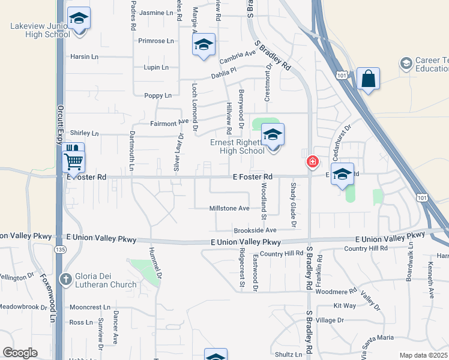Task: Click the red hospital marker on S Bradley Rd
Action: pos(312,161)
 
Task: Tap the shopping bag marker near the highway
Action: pos(368,79)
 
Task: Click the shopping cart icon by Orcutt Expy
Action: pos(73,160)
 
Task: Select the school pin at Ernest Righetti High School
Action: pos(273,136)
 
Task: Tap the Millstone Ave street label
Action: pos(229,208)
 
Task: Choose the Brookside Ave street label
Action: pos(255,230)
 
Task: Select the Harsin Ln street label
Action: pos(84,57)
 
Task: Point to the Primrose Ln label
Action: pos(155,41)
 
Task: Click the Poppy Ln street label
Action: pos(158,95)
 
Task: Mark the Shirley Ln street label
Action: pos(84,133)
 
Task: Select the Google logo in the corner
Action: pos(20,353)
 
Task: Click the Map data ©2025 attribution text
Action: pos(424,355)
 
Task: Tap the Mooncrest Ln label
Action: pos(90,307)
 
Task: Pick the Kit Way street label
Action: pos(345,306)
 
